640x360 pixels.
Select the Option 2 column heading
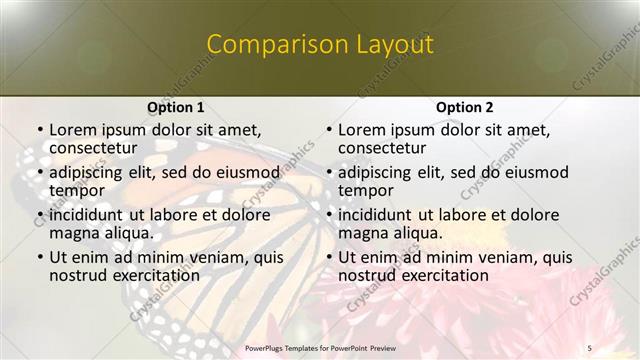tap(464, 107)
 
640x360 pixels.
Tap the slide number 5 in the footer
tap(589, 347)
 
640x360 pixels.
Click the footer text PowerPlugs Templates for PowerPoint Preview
tap(319, 347)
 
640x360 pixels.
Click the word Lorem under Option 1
tap(72, 130)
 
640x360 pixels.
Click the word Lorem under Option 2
tap(361, 130)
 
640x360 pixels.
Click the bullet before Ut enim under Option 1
tap(39, 258)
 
